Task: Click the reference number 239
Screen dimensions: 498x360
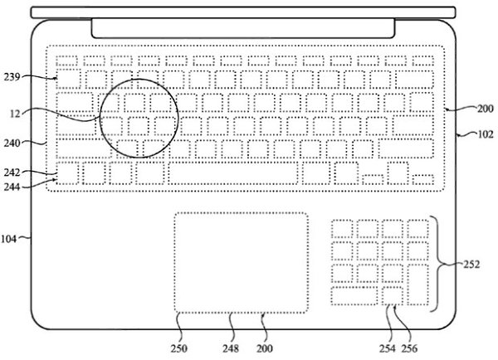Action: pyautogui.click(x=12, y=77)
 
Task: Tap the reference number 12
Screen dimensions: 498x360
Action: pyautogui.click(x=15, y=114)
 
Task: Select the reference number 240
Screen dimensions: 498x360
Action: pyautogui.click(x=12, y=144)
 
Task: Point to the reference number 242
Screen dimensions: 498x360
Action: pyautogui.click(x=12, y=173)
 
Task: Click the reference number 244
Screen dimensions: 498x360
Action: pyautogui.click(x=12, y=187)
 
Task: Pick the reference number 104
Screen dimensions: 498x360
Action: pyautogui.click(x=8, y=239)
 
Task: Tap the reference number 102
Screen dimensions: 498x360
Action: pyautogui.click(x=486, y=134)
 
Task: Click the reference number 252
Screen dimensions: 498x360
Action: pyautogui.click(x=471, y=264)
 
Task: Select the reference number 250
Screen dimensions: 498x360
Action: pyautogui.click(x=179, y=348)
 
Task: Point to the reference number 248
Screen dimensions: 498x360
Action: pyautogui.click(x=231, y=348)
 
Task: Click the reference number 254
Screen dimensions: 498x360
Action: pyautogui.click(x=388, y=348)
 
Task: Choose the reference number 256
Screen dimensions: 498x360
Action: pyautogui.click(x=409, y=348)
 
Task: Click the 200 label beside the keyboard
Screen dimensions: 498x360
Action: pyautogui.click(x=486, y=109)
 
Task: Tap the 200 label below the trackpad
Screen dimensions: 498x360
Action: pyautogui.click(x=265, y=348)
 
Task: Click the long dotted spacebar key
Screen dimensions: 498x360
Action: pyautogui.click(x=233, y=173)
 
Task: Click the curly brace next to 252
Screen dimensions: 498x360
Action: pyautogui.click(x=440, y=264)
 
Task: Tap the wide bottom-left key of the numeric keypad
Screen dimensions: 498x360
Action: pyautogui.click(x=354, y=296)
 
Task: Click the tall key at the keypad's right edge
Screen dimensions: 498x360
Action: pyautogui.click(x=418, y=285)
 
